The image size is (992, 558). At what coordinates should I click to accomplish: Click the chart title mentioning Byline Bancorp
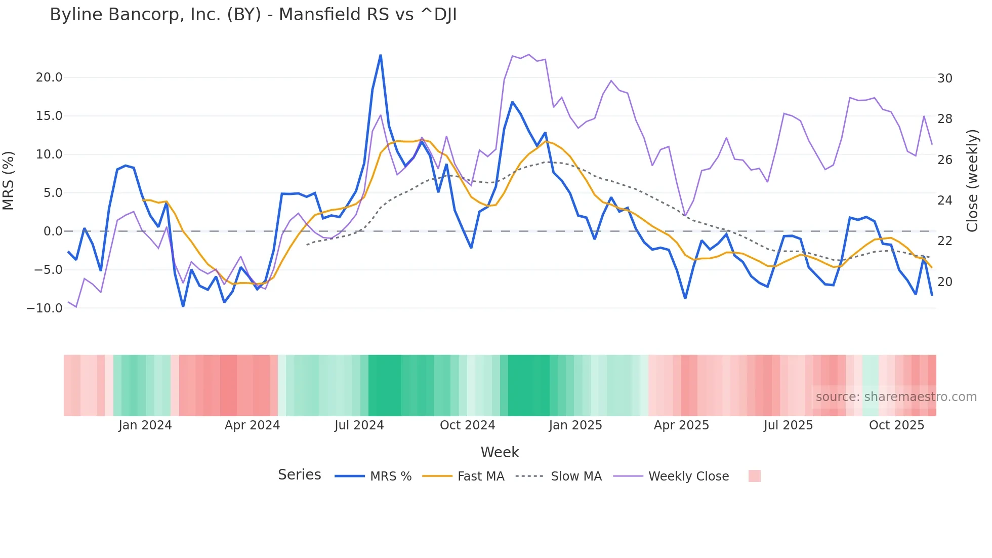[253, 15]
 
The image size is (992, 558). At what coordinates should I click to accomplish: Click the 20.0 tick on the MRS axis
[49, 77]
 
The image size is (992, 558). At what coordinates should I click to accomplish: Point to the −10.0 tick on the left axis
[45, 308]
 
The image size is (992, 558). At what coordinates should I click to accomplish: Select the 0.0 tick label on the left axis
[53, 231]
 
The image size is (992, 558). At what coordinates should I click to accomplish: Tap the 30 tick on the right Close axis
[944, 78]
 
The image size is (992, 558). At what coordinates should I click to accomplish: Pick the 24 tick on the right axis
[944, 201]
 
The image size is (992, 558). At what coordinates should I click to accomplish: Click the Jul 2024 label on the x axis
[359, 425]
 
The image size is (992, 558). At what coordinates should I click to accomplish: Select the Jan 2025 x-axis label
[575, 425]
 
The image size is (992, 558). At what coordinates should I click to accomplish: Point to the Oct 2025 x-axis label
[896, 425]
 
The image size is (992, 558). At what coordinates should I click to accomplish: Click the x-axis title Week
[500, 452]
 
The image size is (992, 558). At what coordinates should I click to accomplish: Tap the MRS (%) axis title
[9, 181]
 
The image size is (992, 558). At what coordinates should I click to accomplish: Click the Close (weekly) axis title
[972, 181]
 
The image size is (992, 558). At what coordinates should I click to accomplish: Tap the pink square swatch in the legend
[754, 476]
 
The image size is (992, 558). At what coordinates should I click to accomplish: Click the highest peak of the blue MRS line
[381, 55]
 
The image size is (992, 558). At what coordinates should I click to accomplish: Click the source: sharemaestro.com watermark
[896, 397]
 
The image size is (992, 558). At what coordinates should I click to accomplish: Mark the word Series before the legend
[299, 475]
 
